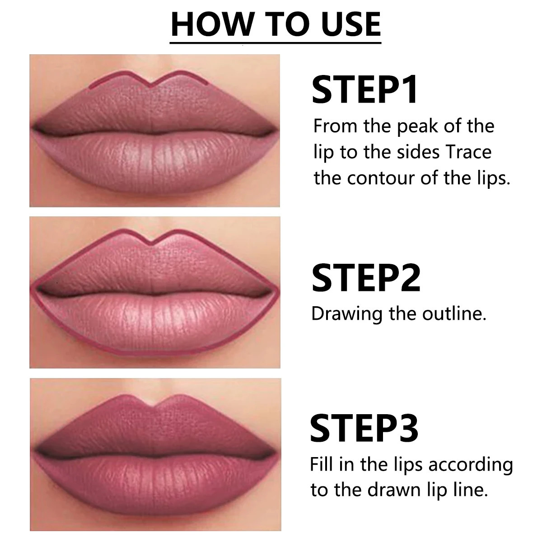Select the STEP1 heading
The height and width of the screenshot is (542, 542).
[x=365, y=90]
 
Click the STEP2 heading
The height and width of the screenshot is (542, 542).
[x=366, y=277]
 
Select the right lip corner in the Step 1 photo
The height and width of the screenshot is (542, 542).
[x=276, y=131]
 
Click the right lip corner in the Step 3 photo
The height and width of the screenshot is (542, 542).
[x=276, y=452]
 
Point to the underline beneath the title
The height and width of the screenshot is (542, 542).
[x=276, y=43]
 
